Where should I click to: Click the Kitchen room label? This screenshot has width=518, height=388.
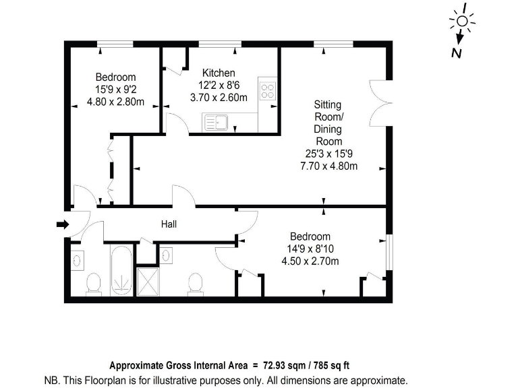click(219, 73)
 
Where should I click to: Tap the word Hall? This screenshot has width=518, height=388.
click(169, 224)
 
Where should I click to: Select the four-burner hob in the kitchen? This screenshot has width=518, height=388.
click(268, 91)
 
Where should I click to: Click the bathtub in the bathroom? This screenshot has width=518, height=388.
click(121, 271)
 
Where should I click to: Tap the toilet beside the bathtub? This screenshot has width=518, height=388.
click(94, 284)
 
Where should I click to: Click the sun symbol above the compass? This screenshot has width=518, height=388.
click(462, 21)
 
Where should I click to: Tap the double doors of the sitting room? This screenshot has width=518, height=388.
click(378, 102)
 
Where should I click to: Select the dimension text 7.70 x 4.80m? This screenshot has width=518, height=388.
click(328, 166)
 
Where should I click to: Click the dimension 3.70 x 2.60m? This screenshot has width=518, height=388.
click(219, 97)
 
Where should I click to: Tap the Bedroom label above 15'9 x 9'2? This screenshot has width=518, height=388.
click(115, 77)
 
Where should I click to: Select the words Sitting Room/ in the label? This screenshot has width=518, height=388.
click(328, 110)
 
